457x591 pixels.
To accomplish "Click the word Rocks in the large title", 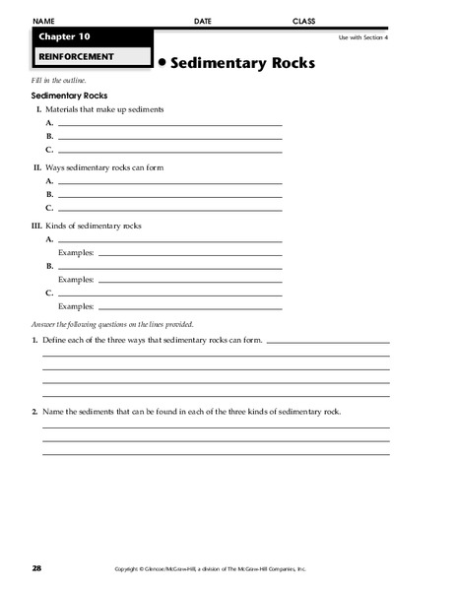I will [283, 62].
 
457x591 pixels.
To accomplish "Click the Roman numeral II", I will [38, 168].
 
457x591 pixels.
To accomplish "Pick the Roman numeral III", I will [37, 226].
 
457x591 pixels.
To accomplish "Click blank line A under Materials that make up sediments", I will [169, 124].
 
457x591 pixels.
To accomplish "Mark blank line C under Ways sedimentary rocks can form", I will [169, 210].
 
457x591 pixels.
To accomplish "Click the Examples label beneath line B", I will [76, 280].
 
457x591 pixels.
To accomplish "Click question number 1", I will [34, 339].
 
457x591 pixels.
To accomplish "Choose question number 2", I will [34, 411].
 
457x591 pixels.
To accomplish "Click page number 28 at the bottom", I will [36, 568].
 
